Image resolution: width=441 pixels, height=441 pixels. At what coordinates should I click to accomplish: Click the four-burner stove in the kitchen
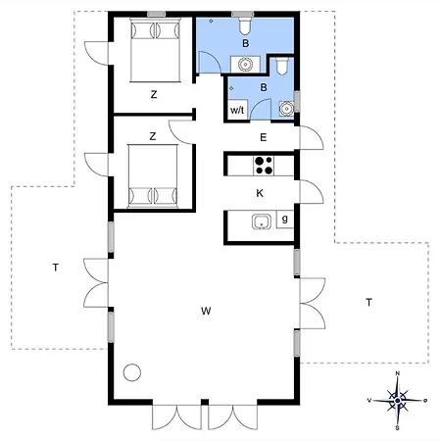pos(264,166)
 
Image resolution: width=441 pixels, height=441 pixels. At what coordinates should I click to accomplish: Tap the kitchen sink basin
pos(262,221)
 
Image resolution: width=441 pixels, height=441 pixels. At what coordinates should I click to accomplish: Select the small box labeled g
pos(285,219)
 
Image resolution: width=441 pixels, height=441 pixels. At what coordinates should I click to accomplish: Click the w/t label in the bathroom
pos(237,110)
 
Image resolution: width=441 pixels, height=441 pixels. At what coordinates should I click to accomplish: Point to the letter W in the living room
pos(206,311)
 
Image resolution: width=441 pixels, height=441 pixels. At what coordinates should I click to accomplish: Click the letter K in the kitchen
pos(260,193)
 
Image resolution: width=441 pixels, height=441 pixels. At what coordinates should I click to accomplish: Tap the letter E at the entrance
pos(264,137)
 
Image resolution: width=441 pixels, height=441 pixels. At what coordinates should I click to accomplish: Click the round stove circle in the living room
pos(132,372)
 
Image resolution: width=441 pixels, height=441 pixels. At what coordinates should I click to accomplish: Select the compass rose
pos(397,401)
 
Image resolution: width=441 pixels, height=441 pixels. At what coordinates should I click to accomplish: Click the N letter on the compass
pos(398,373)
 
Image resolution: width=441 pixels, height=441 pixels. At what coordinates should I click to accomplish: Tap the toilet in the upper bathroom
pos(245,25)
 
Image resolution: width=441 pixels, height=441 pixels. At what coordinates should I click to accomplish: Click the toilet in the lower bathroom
pos(281,67)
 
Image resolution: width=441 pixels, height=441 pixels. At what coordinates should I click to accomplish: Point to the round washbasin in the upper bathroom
pos(245,65)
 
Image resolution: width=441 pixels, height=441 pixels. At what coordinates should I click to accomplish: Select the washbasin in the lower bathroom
pos(286,108)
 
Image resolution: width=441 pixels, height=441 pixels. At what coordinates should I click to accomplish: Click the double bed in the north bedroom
pos(155,50)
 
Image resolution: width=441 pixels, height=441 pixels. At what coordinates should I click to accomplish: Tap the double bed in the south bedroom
pos(153,176)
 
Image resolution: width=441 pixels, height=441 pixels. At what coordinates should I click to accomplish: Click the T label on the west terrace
pos(56,268)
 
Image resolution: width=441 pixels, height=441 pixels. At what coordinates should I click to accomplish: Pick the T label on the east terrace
pos(369,303)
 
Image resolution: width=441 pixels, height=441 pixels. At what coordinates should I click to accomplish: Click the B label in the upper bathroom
pos(245,43)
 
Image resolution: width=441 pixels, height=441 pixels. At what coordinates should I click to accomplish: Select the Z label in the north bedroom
pos(154,95)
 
